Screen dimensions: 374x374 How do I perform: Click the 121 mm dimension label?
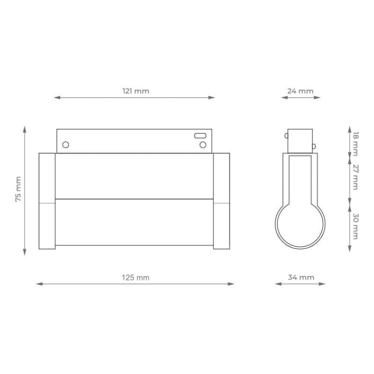(x=136, y=91)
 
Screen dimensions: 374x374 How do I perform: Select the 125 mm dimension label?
(x=136, y=278)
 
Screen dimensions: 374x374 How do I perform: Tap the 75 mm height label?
(x=18, y=189)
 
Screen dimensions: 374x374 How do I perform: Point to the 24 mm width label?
(x=300, y=91)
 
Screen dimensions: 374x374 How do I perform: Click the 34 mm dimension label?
(x=301, y=277)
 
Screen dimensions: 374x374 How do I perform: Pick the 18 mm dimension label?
(x=356, y=144)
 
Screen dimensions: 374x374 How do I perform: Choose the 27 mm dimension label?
(x=356, y=177)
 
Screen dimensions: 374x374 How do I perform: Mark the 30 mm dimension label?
(x=356, y=226)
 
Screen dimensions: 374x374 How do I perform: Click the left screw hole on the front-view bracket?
(x=66, y=145)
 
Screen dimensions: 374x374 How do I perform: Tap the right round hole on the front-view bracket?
(x=203, y=145)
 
